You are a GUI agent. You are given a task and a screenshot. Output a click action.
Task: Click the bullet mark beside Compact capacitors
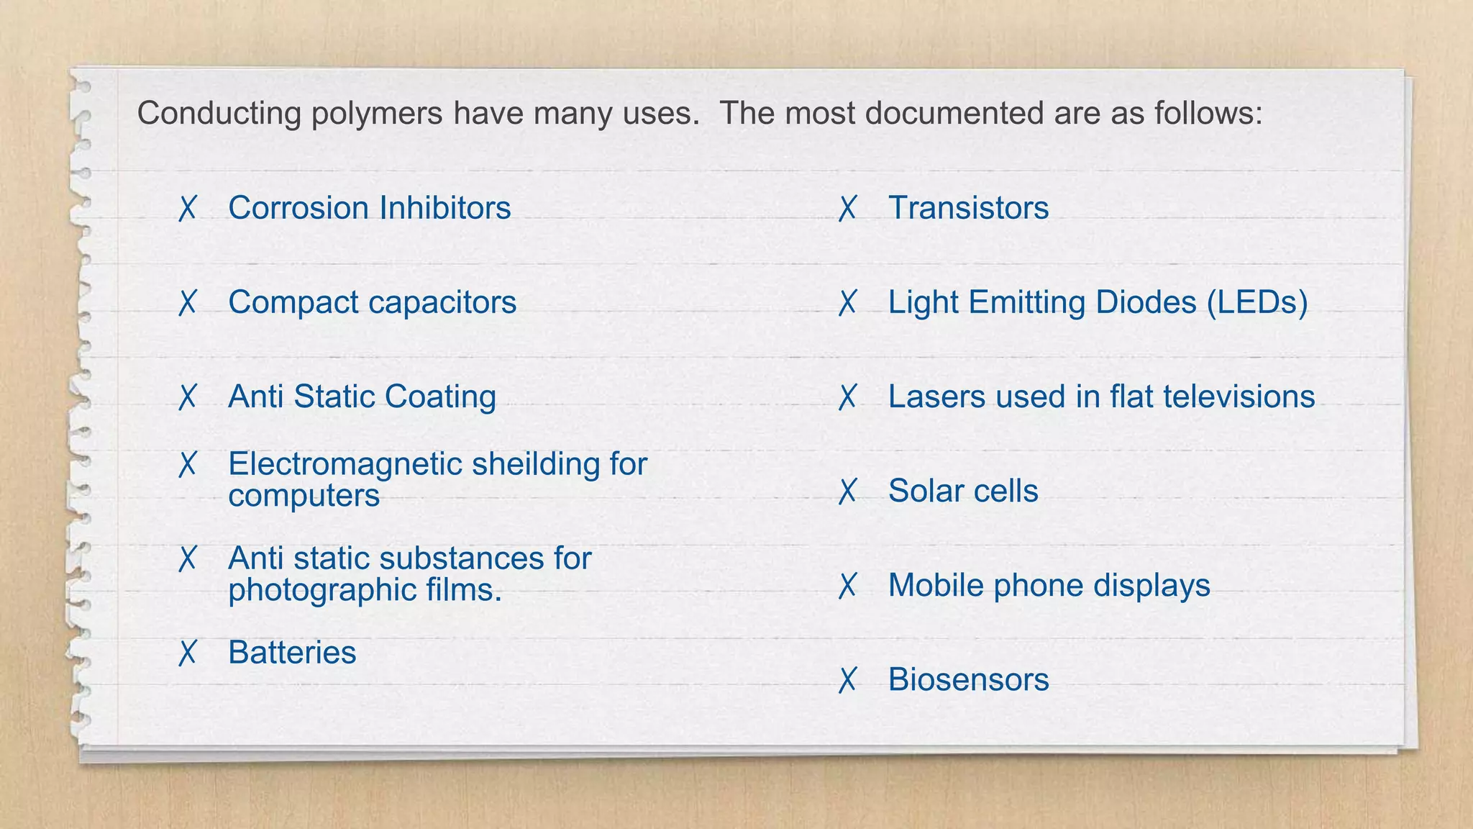pyautogui.click(x=187, y=303)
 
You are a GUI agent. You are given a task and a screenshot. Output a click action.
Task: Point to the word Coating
pyautogui.click(x=440, y=397)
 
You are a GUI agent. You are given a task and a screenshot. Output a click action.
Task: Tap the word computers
pyautogui.click(x=304, y=496)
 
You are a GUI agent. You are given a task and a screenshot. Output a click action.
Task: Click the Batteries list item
pyautogui.click(x=292, y=653)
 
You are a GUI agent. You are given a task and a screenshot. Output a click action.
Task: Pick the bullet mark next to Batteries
pyautogui.click(x=187, y=653)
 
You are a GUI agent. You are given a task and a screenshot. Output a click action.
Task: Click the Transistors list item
pyautogui.click(x=968, y=208)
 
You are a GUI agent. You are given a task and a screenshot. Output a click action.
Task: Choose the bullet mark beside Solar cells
pyautogui.click(x=847, y=491)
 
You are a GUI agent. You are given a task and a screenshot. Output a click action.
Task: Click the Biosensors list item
pyautogui.click(x=968, y=680)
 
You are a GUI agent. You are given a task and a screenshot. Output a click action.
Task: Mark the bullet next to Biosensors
pyautogui.click(x=847, y=680)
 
